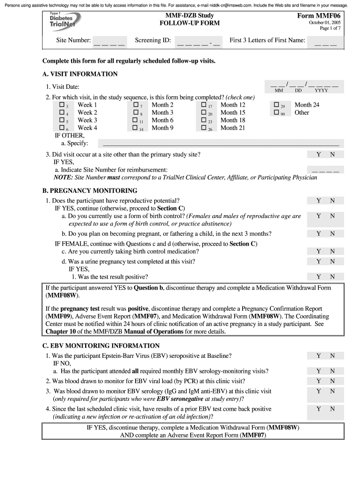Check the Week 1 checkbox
(62, 105)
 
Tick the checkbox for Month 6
(136, 120)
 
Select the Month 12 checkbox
(204, 105)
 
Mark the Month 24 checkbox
(276, 105)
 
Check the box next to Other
(276, 112)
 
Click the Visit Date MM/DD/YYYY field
(304, 86)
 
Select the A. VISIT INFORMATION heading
(80, 74)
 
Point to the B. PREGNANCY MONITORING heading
(90, 191)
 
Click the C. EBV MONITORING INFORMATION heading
(101, 346)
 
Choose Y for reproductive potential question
(318, 201)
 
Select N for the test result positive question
(332, 276)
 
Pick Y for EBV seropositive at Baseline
(318, 356)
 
